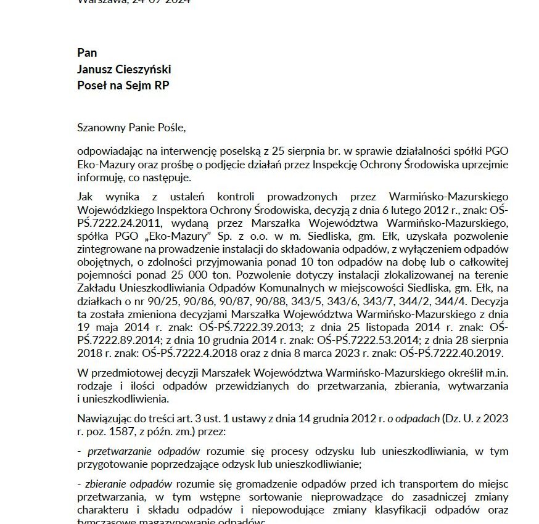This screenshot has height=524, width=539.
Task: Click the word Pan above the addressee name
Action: coord(87,52)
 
